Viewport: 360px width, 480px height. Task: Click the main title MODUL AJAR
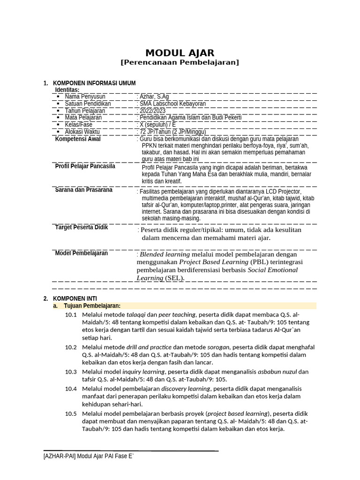180,52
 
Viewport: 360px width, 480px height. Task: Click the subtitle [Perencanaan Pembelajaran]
180,62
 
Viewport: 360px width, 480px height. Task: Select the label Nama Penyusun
85,97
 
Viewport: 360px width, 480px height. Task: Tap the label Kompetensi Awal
78,139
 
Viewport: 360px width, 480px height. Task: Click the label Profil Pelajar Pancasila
85,166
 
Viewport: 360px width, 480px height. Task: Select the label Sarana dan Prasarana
83,190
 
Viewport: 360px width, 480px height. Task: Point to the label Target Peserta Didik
81,227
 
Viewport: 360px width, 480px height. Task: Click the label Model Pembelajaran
81,253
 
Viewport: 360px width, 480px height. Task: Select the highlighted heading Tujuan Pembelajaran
92,306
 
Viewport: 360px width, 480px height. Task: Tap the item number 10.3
71,372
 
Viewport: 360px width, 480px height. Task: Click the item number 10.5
71,413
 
